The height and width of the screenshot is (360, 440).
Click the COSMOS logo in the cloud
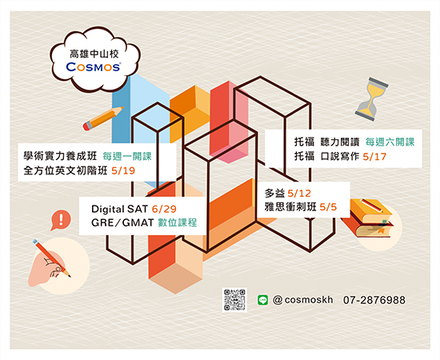[94, 66]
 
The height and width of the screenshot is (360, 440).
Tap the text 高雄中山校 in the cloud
[94, 54]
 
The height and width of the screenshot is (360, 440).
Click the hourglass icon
[371, 99]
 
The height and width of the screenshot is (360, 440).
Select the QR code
[234, 300]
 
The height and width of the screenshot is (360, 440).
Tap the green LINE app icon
[262, 300]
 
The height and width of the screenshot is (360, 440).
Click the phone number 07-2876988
[374, 300]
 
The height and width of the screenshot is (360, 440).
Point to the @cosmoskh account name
[302, 300]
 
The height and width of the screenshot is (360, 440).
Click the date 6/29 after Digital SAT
[164, 209]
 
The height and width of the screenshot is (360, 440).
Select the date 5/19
[123, 171]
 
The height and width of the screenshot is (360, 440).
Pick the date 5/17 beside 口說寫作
[374, 157]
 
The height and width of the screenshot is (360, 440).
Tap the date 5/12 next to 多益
[299, 194]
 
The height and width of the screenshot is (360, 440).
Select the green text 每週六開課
[390, 142]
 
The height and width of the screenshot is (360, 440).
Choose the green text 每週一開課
[127, 156]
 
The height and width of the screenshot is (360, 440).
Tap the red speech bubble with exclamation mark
[61, 220]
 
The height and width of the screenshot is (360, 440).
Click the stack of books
[367, 218]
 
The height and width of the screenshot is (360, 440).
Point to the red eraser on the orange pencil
[87, 126]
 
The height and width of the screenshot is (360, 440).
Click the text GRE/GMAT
[122, 223]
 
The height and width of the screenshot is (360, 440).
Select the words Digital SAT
[119, 210]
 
